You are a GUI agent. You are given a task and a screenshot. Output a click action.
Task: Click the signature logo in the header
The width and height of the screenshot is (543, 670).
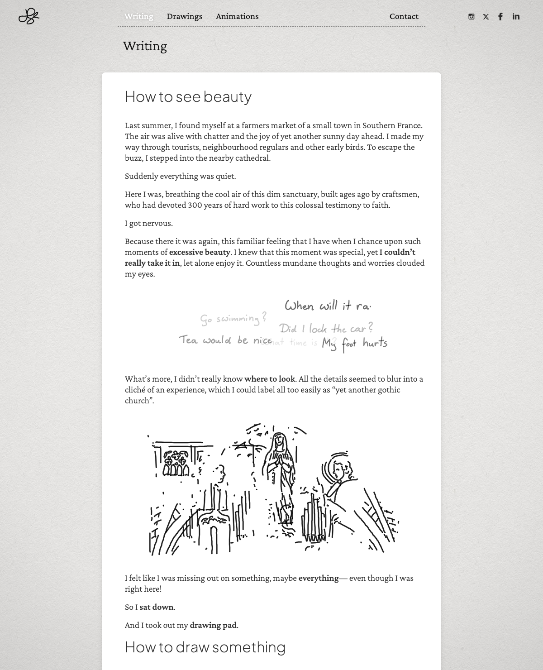click(29, 16)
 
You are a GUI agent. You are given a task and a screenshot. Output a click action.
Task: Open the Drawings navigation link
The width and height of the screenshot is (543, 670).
click(184, 16)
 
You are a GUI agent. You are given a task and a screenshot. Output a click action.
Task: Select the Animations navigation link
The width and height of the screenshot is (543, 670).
click(237, 16)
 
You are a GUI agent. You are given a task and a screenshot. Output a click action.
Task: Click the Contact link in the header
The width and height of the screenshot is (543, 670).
click(404, 16)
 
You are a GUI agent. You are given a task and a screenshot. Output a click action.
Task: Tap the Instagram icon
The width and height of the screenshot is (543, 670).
click(472, 17)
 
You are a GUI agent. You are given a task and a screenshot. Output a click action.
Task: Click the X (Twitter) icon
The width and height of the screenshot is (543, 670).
click(486, 17)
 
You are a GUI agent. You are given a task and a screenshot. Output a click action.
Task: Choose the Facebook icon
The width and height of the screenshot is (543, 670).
click(500, 17)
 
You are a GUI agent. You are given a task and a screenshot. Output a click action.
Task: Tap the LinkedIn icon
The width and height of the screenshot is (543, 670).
click(516, 17)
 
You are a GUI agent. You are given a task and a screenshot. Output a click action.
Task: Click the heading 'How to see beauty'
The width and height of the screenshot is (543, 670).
click(188, 96)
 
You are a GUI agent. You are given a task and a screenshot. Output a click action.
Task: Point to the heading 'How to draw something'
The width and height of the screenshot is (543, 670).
click(205, 647)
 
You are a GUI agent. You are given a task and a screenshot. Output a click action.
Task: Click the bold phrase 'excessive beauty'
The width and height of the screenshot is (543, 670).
click(200, 252)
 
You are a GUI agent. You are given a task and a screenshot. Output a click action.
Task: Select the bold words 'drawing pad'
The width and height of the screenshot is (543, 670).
click(213, 625)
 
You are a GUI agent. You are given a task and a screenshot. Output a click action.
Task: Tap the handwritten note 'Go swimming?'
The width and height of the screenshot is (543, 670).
click(233, 319)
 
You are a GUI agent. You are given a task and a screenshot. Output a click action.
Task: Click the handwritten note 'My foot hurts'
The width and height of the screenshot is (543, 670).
click(354, 344)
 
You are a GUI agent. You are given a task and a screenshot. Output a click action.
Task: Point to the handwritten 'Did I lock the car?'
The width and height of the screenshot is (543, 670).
click(326, 328)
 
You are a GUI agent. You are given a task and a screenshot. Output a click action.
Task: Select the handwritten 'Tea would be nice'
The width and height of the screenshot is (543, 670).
click(225, 340)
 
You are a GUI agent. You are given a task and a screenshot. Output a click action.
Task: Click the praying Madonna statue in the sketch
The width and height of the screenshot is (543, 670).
click(279, 471)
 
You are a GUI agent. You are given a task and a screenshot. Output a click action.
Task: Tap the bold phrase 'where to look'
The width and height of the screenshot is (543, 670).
click(270, 379)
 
